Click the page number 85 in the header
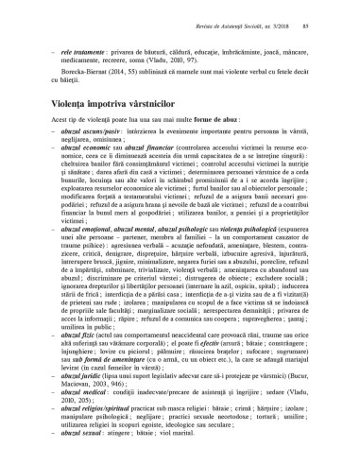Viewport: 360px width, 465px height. pyautogui.click(x=334, y=10)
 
